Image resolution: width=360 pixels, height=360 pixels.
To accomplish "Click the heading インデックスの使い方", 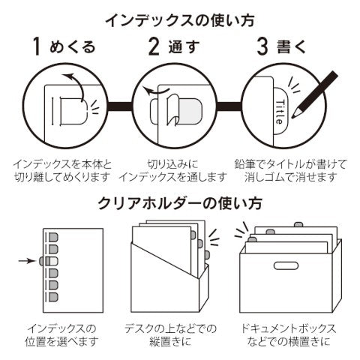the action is point(180,20).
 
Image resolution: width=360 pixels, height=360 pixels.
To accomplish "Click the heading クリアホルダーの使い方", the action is point(180,203).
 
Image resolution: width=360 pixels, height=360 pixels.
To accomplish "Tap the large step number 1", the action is point(37,46).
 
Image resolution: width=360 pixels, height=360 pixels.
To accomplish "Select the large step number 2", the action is point(154,46).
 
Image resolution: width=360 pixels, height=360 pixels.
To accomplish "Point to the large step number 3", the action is point(262,46).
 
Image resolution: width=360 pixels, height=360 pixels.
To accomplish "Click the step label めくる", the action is point(73,47).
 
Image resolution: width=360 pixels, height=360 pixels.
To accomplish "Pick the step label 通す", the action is point(184,47).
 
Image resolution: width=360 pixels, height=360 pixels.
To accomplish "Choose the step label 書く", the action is point(292,47).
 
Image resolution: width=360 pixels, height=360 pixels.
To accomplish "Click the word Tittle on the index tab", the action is point(280,112).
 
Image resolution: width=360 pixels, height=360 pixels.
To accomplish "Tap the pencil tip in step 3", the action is point(292,117).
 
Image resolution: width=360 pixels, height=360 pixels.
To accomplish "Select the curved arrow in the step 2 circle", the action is point(154,91).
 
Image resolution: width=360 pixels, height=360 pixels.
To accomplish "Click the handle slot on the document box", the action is point(286,265).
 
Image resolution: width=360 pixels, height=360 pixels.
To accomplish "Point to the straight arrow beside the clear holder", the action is point(28,261).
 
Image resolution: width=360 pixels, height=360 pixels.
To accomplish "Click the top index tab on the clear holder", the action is point(53,237).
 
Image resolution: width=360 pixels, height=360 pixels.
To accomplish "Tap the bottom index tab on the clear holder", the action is point(53,297).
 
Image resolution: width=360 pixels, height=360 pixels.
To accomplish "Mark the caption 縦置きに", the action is point(170,341).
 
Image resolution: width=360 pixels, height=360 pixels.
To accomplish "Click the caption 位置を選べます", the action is point(61,341).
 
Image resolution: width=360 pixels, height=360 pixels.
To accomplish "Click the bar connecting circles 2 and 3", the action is point(229,106).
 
